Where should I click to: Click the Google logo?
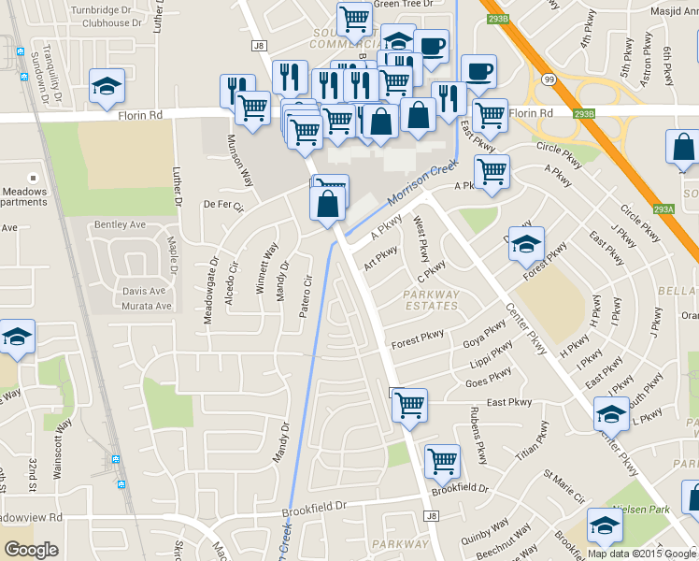coord(31,550)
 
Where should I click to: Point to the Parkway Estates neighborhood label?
coord(431,299)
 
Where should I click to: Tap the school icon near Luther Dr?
coord(107,87)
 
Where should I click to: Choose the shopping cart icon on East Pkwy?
coord(408,405)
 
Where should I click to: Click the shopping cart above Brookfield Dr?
coord(441,460)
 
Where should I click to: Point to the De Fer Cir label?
coord(222,205)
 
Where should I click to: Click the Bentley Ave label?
coord(121,225)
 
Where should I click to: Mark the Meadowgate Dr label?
coord(210,291)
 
